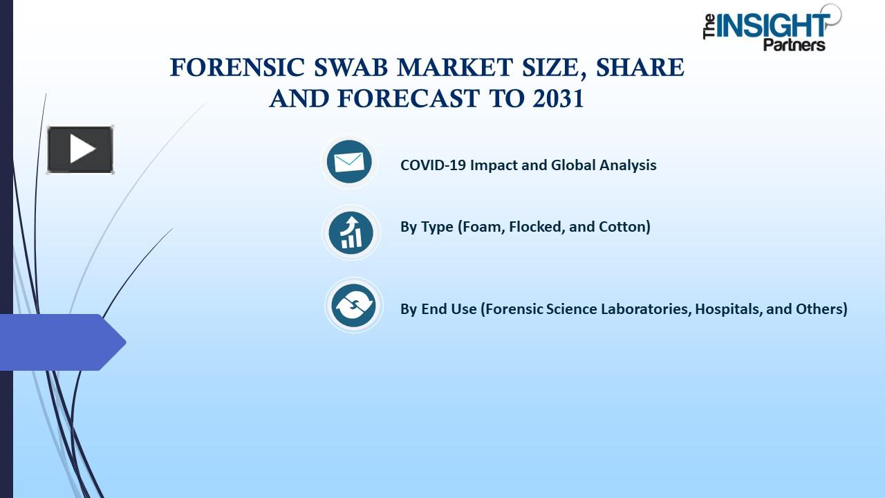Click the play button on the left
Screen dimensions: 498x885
click(80, 149)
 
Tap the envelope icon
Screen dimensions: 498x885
click(349, 162)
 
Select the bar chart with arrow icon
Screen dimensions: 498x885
click(351, 232)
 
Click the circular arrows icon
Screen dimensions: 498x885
click(353, 305)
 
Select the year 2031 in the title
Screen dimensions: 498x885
click(558, 99)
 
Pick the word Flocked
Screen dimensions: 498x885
click(537, 227)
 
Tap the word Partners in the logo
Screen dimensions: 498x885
click(794, 45)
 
